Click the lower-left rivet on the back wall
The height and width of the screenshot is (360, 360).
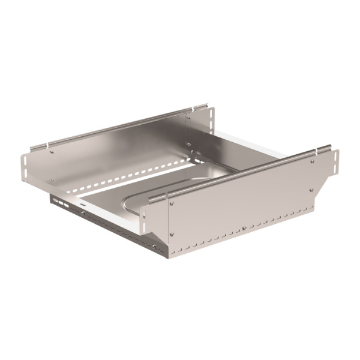coord(52,179)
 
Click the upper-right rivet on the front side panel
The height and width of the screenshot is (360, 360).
coord(313,161)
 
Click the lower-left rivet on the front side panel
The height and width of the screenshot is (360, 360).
coord(172,234)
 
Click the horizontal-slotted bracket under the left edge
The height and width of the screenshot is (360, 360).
coord(59,202)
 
